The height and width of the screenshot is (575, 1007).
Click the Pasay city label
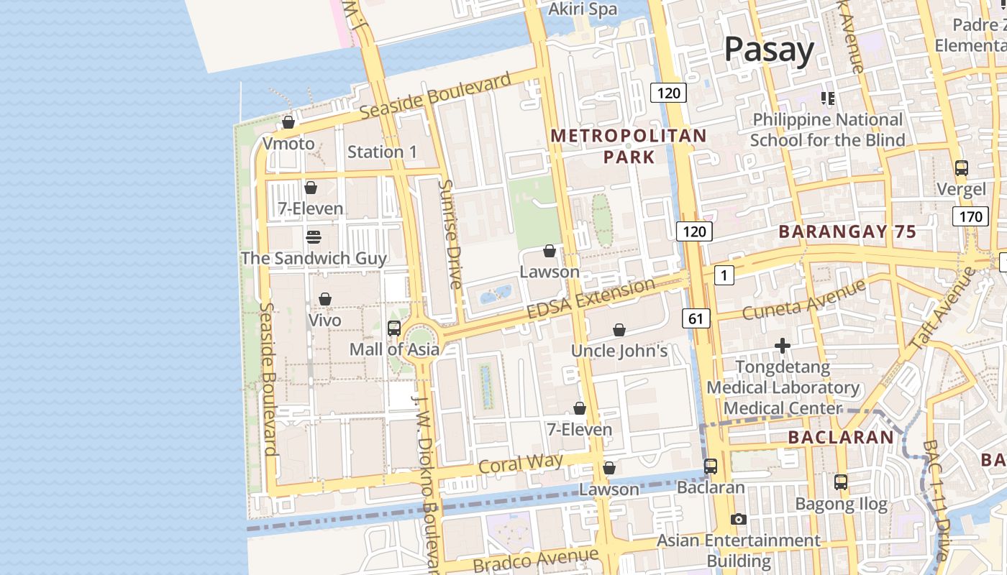pos(768,50)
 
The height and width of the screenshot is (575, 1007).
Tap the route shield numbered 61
pos(696,318)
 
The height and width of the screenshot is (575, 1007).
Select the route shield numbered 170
pos(970,216)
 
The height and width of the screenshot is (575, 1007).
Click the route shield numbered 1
pos(724,275)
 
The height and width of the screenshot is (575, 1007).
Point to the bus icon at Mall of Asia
pos(393,328)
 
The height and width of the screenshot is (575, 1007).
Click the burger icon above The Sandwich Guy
pos(313,236)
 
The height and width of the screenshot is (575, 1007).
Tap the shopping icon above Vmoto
pos(288,122)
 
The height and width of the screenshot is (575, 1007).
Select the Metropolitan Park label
pos(628,146)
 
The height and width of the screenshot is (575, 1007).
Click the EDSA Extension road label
pos(591,299)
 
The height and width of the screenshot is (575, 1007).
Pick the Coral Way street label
pos(521,464)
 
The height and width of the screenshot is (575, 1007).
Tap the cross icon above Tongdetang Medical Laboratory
pos(782,346)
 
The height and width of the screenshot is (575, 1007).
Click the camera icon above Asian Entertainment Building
pos(738,519)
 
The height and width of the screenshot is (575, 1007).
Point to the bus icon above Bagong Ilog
pos(840,482)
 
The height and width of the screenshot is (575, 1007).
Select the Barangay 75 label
pos(847,231)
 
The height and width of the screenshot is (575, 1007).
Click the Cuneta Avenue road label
pos(803,300)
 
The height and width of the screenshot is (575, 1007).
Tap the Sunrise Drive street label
pos(451,234)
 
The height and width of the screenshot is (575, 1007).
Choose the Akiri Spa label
pos(583,9)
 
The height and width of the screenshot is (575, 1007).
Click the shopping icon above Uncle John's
pos(619,330)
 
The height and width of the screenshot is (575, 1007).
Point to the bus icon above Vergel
pos(961,168)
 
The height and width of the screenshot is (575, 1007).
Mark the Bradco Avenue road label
pos(535,559)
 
